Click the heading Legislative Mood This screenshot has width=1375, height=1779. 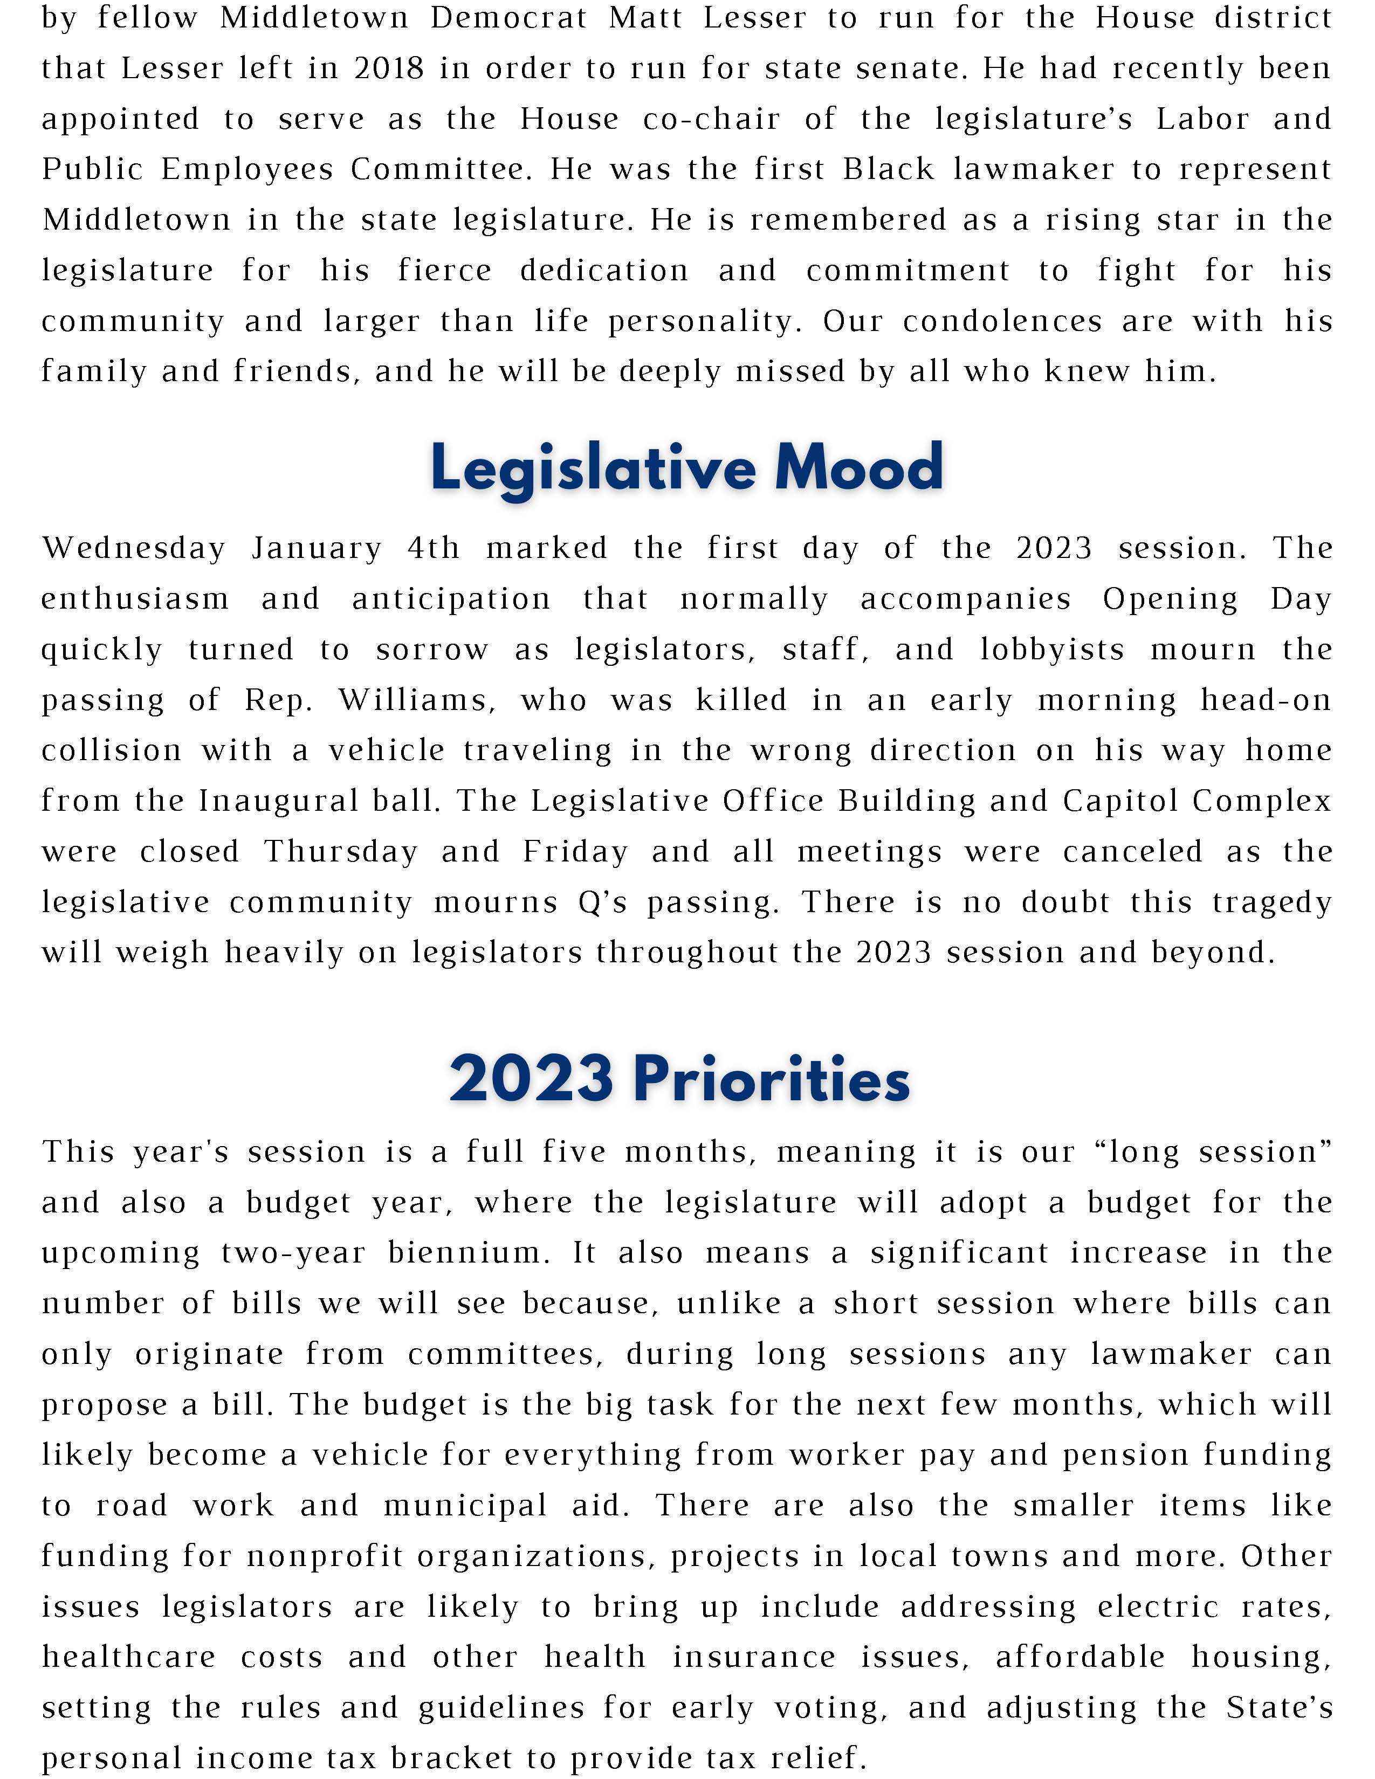click(x=686, y=467)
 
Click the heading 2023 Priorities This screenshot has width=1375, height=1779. click(x=679, y=1079)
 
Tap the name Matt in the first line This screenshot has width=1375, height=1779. click(x=645, y=17)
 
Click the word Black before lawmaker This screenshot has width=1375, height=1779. click(x=889, y=169)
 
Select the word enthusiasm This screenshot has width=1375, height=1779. click(x=135, y=599)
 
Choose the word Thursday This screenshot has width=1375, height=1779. click(x=340, y=851)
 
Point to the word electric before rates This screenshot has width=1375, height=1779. click(x=1158, y=1606)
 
